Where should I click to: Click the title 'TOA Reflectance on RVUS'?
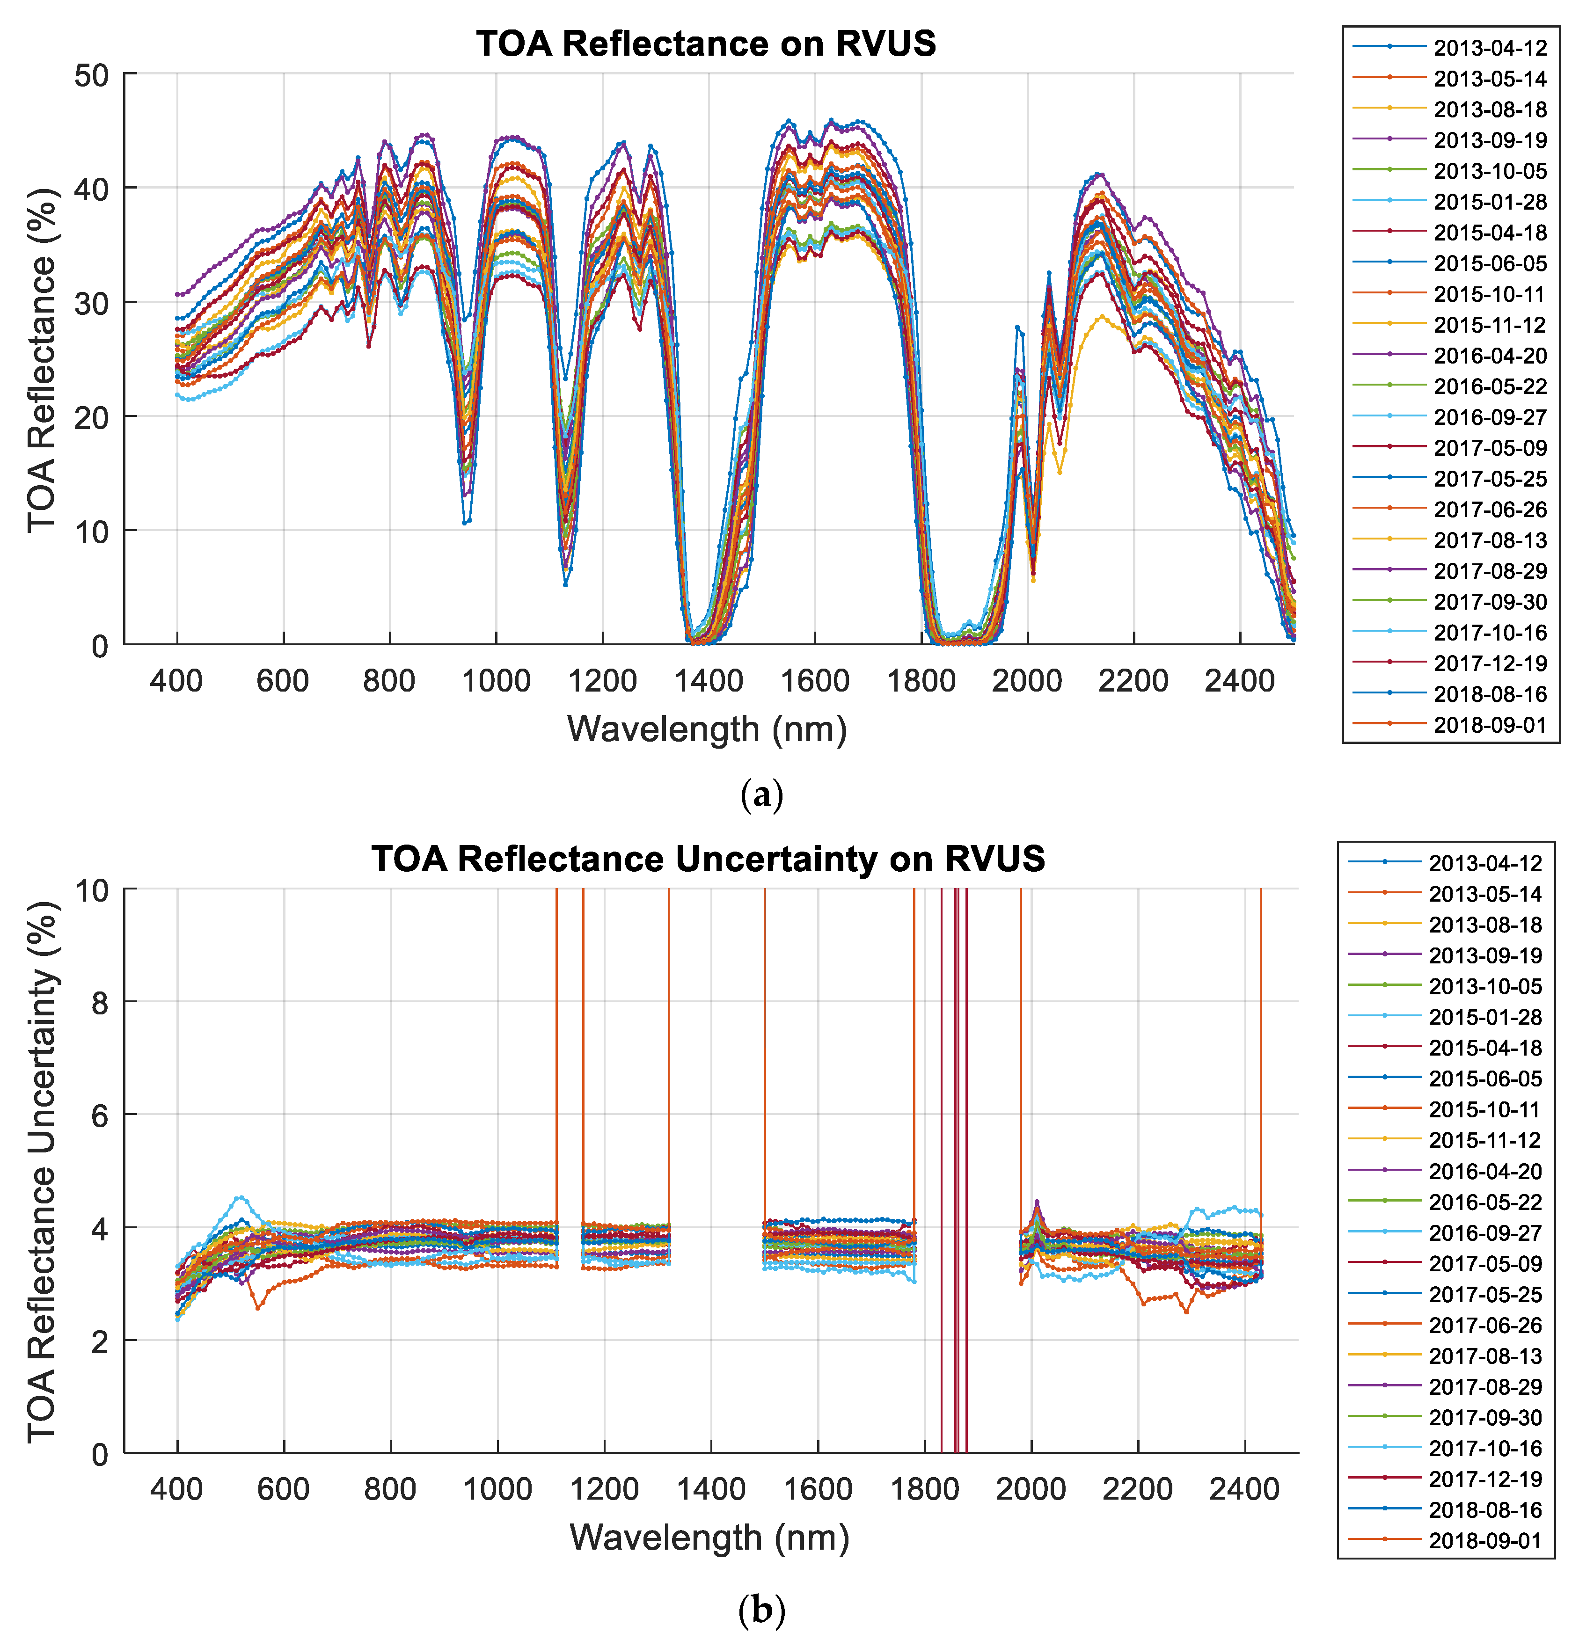[706, 44]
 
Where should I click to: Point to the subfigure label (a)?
[761, 794]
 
